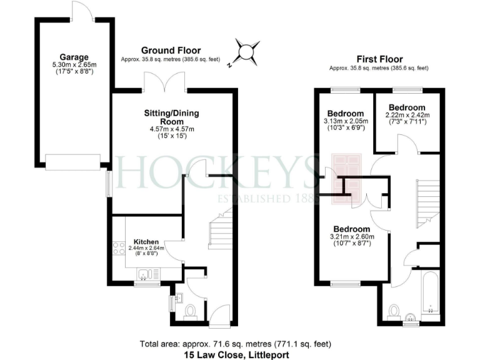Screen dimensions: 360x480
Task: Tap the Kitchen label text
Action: pos(145,242)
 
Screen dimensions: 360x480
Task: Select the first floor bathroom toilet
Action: pos(394,311)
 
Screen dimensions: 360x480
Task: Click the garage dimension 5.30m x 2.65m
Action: pos(74,64)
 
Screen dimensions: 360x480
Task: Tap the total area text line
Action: pos(240,344)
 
